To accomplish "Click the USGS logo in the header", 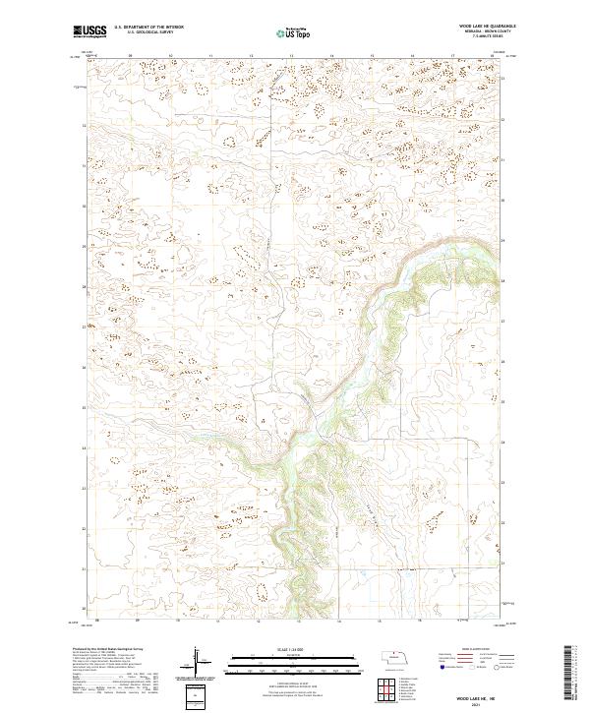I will (x=88, y=31).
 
